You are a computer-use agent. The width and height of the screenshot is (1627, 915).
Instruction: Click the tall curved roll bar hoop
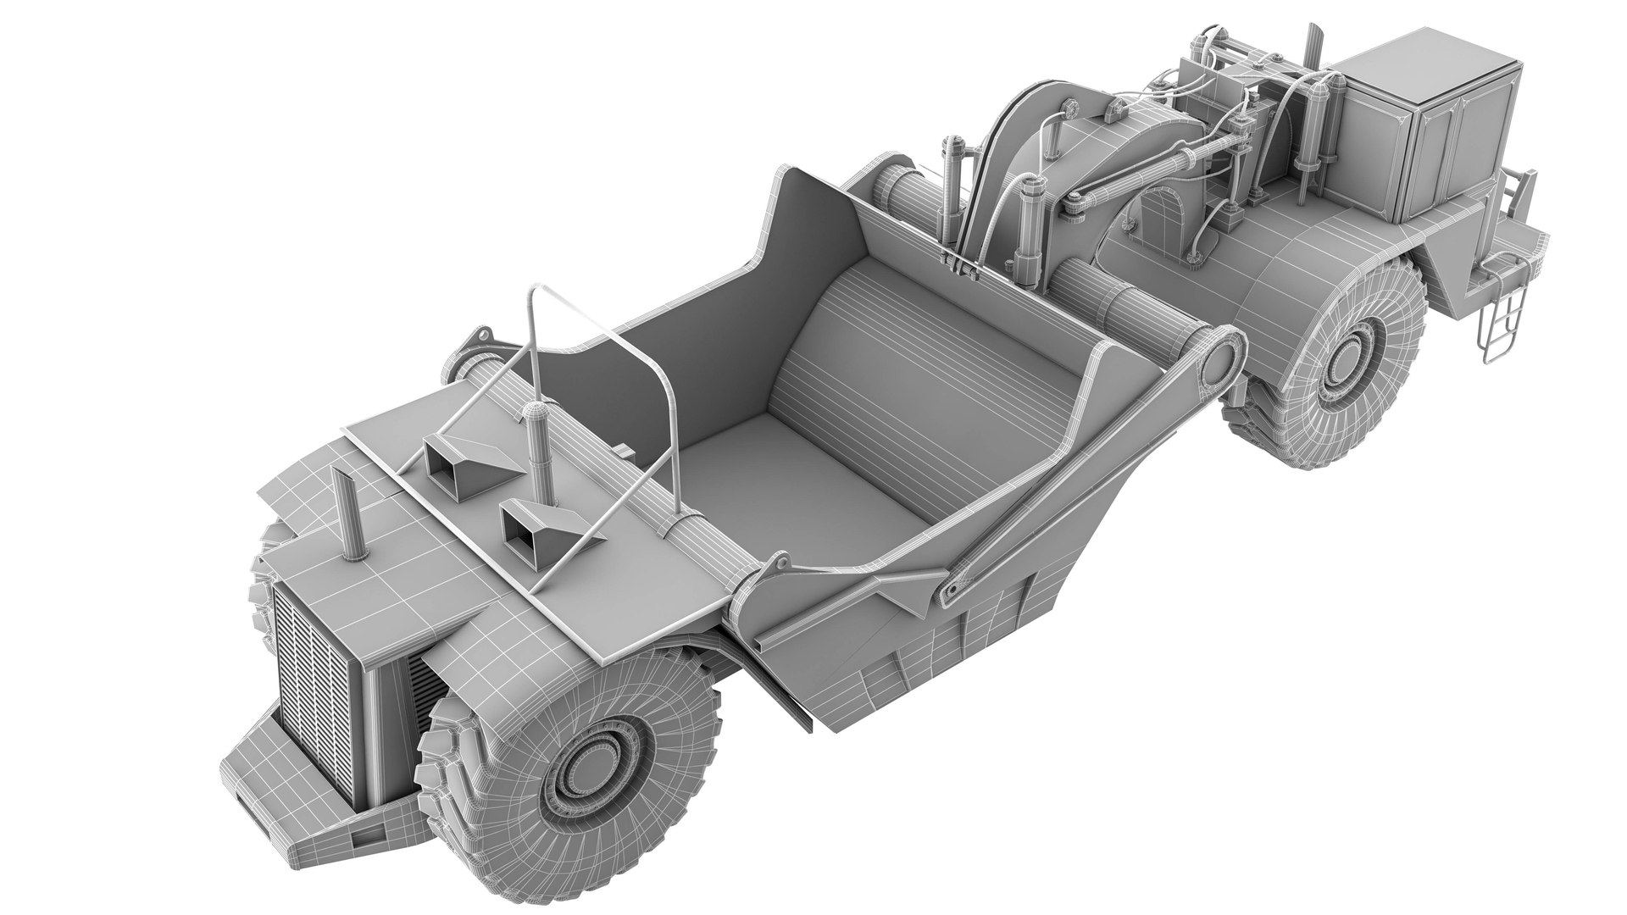coord(593,356)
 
